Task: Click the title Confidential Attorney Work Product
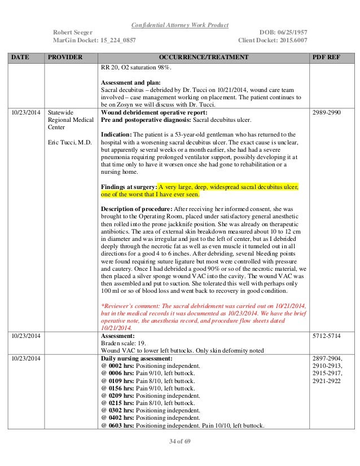(180, 24)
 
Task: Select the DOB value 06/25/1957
(288, 33)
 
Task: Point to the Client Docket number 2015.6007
(287, 41)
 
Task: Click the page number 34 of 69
(180, 441)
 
